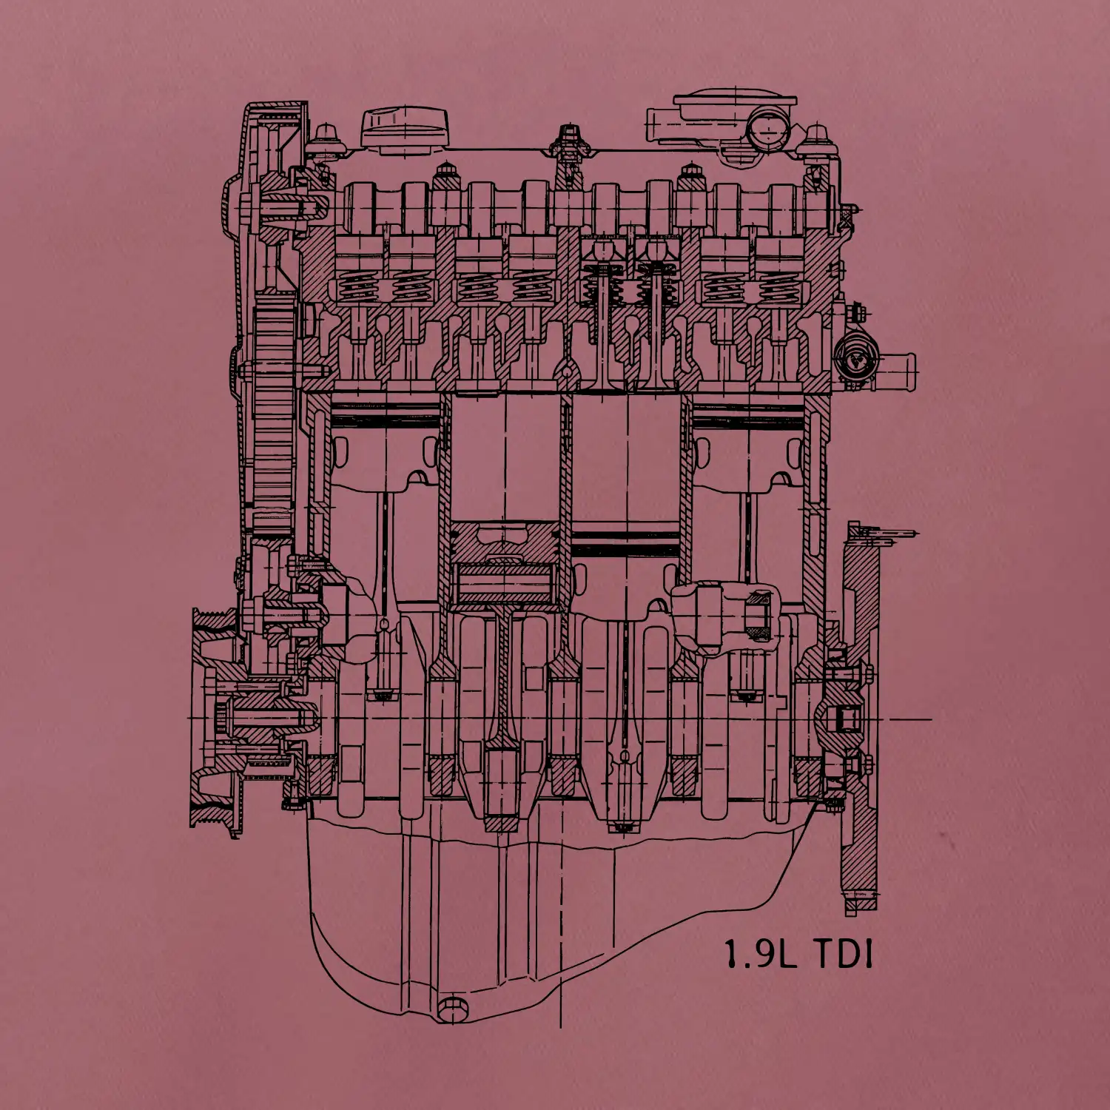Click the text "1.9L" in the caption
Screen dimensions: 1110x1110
click(760, 955)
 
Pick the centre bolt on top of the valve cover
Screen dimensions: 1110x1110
click(568, 141)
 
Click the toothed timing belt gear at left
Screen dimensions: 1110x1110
click(274, 422)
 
